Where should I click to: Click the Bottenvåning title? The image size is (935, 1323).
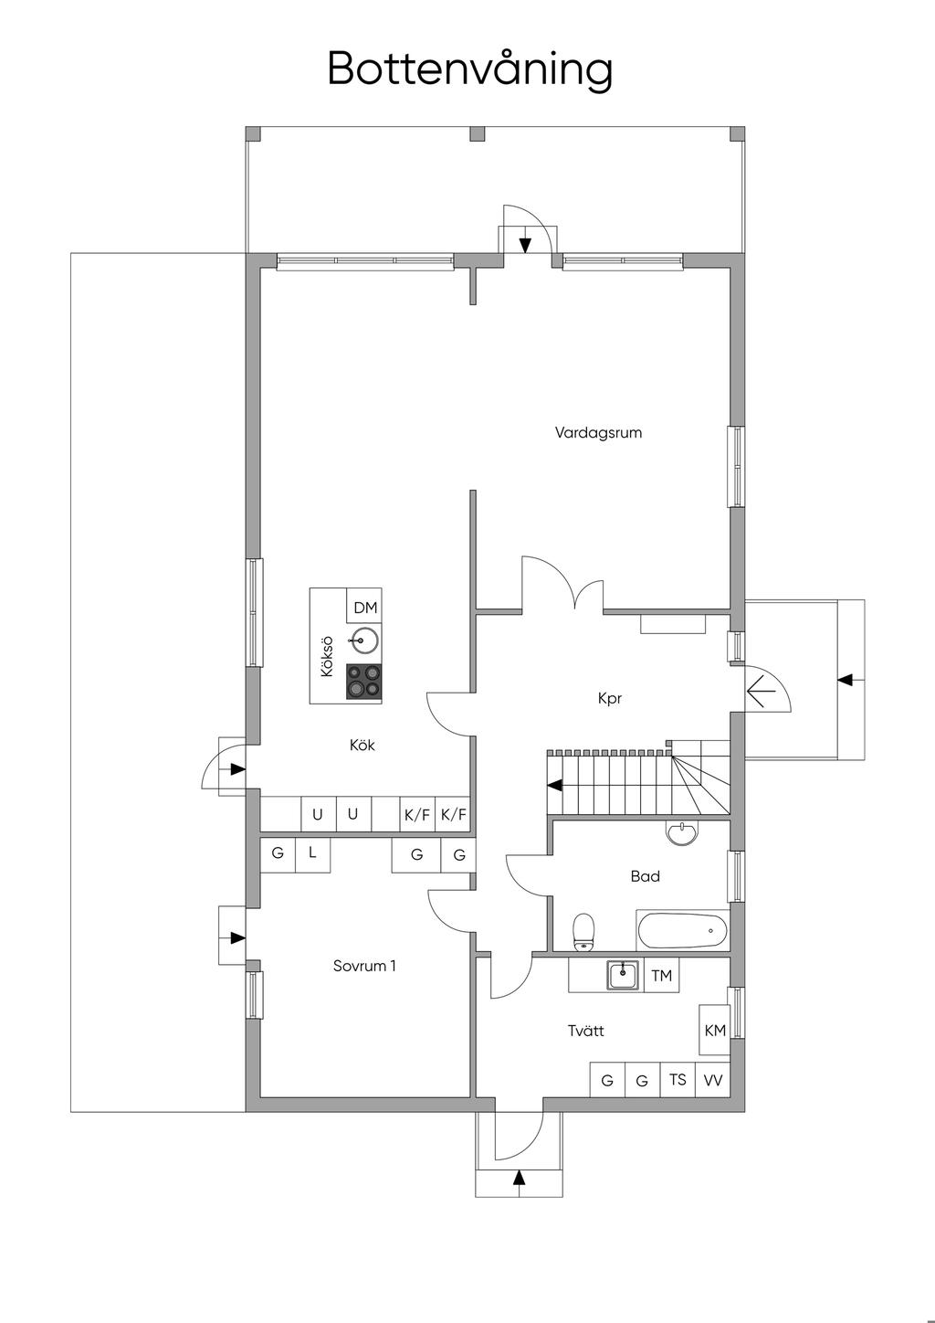(x=470, y=70)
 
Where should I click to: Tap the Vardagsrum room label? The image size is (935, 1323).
(x=598, y=432)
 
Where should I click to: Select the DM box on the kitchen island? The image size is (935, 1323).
(x=364, y=606)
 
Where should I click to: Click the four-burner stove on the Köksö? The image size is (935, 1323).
(x=363, y=682)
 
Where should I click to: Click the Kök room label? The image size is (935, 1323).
(x=362, y=746)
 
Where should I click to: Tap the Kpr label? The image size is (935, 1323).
(x=609, y=699)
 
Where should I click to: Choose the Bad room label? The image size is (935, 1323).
(x=645, y=876)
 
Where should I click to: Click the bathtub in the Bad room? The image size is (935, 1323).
(x=682, y=931)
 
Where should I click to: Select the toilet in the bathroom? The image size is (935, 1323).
(x=583, y=933)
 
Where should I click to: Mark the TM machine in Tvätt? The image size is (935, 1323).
(x=662, y=976)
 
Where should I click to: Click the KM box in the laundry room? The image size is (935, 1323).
(x=715, y=1031)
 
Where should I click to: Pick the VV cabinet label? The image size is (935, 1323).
(x=713, y=1080)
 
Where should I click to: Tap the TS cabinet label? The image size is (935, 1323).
(x=678, y=1080)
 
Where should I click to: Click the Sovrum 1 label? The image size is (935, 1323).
(x=364, y=967)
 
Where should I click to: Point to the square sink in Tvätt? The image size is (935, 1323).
(x=622, y=975)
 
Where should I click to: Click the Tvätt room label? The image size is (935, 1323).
(x=585, y=1032)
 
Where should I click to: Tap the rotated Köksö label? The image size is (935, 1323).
(x=326, y=656)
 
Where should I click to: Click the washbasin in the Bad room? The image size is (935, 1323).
(x=682, y=832)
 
